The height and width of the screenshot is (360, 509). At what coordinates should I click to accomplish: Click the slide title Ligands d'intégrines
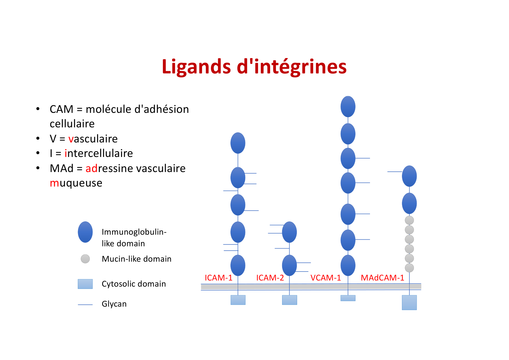point(254,67)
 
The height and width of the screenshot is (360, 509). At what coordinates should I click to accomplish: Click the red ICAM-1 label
point(219,278)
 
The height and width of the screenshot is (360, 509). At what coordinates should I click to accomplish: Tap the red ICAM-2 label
point(270,278)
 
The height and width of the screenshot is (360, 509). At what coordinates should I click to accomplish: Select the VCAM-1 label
point(326,278)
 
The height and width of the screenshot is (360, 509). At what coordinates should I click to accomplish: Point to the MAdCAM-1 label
point(382,278)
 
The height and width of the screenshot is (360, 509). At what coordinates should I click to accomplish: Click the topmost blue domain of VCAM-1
point(348,106)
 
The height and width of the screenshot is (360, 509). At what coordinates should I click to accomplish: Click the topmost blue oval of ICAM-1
point(238,143)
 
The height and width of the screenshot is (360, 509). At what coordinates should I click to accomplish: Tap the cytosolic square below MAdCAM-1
point(409,303)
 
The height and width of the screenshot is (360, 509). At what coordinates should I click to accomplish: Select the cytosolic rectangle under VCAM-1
point(348,298)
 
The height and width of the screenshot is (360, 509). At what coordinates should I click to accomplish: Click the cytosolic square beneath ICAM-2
point(289,300)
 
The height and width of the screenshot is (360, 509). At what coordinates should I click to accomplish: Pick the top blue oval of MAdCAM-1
point(409,176)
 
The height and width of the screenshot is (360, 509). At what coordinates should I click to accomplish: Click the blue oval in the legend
point(85,232)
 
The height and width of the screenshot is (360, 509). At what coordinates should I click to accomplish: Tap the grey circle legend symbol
point(85,259)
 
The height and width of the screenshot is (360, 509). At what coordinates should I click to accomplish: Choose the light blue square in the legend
point(85,284)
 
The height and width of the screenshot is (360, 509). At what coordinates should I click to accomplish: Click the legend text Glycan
point(114,304)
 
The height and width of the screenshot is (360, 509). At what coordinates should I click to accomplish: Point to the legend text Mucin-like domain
point(136,259)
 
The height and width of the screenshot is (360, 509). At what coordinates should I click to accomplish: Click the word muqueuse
point(76,183)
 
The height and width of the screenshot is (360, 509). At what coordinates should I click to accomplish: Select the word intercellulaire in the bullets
point(99,153)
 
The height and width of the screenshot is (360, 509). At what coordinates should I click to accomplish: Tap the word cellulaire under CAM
point(72,124)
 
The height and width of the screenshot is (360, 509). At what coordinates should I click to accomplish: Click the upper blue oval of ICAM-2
point(289,232)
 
